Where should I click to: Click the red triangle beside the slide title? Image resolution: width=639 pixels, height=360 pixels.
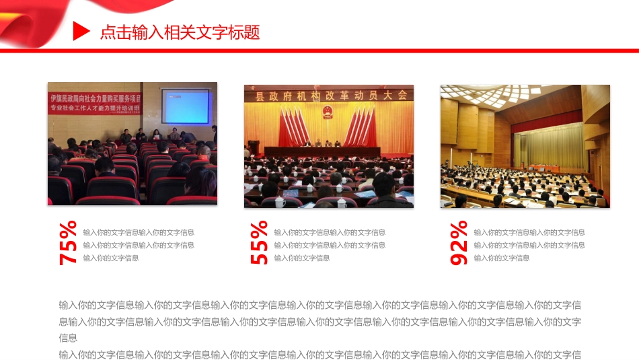(81, 31)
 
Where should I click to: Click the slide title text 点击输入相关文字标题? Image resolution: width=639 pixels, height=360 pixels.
(180, 32)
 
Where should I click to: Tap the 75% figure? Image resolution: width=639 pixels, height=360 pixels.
(69, 243)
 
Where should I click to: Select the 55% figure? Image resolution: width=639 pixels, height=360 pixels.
(260, 243)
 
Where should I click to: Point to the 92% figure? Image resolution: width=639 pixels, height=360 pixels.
(459, 243)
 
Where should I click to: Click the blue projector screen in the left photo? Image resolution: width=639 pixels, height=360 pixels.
(185, 106)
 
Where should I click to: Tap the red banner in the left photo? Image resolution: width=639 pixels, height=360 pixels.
(95, 102)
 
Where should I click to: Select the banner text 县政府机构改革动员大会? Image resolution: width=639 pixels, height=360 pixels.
(331, 96)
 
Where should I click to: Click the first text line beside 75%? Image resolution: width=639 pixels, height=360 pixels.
(139, 232)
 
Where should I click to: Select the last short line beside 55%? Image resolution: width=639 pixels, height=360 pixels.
(302, 258)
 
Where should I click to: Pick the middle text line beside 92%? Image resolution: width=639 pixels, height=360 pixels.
(529, 245)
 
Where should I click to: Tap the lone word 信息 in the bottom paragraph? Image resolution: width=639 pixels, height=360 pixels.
(69, 338)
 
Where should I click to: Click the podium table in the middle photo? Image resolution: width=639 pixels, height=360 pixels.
(322, 152)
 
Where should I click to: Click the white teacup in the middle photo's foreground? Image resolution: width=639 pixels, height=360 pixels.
(280, 201)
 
